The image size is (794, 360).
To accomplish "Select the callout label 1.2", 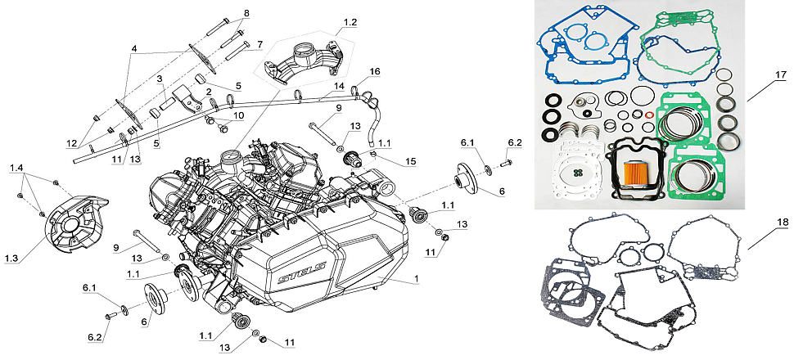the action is pyautogui.click(x=350, y=23).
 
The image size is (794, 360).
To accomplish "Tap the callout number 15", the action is pyautogui.click(x=411, y=161).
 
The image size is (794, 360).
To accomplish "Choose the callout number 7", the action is pyautogui.click(x=259, y=44).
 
